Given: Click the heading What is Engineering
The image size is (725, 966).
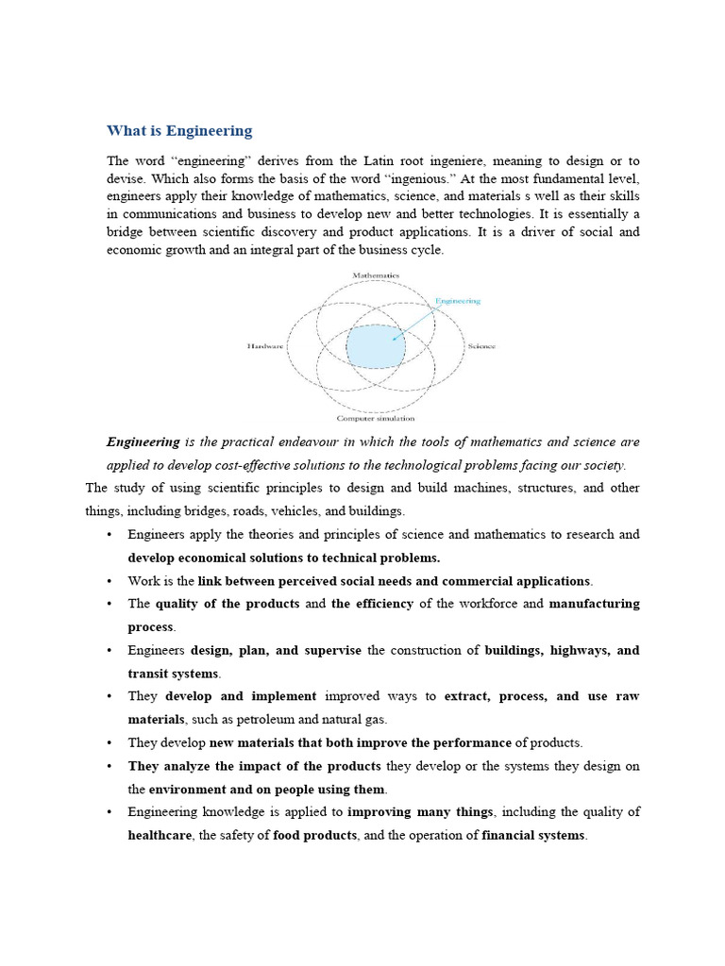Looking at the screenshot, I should (x=179, y=131).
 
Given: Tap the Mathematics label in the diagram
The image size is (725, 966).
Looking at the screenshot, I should (x=376, y=275).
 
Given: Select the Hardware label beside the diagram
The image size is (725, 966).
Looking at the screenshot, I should (x=264, y=346).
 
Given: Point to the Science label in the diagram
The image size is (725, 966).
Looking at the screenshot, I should (x=481, y=346).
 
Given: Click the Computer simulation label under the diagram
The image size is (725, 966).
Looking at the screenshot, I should (x=376, y=418).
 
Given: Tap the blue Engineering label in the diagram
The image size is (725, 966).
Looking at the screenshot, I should (x=457, y=301).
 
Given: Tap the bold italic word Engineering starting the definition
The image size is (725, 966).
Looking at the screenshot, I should (x=143, y=441).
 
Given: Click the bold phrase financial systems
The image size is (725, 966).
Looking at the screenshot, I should (x=534, y=835).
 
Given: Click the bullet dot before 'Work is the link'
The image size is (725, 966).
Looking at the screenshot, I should (x=110, y=580).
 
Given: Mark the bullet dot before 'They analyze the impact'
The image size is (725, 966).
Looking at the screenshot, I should (x=110, y=765).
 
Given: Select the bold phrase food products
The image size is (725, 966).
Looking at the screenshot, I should (x=315, y=835).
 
